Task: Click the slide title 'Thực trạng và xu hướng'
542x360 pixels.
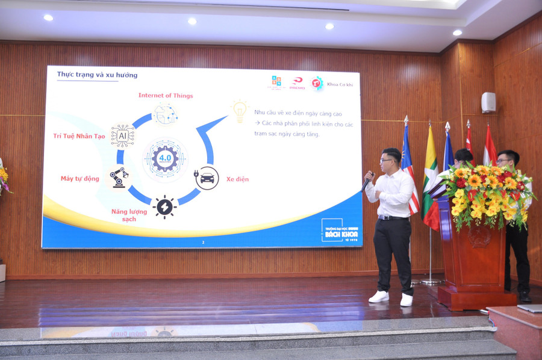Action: (x=97, y=75)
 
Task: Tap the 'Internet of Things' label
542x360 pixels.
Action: (x=166, y=95)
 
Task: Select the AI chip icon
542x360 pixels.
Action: (x=123, y=136)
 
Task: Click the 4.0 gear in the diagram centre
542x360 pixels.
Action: (x=164, y=160)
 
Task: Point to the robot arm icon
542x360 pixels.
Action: (x=119, y=177)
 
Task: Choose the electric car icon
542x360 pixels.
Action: (x=207, y=178)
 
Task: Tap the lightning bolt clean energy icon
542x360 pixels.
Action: (x=164, y=206)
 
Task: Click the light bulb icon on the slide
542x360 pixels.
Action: (x=240, y=111)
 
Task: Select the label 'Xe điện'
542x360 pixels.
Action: (x=237, y=179)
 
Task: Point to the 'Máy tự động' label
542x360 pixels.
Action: (x=79, y=179)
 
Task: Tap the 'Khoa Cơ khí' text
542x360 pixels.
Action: (x=341, y=84)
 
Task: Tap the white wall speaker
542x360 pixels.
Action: (x=488, y=102)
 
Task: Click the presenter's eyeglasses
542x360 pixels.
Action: (x=387, y=160)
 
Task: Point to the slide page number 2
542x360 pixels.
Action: (x=203, y=243)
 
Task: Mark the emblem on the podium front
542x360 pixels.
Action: (x=480, y=235)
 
